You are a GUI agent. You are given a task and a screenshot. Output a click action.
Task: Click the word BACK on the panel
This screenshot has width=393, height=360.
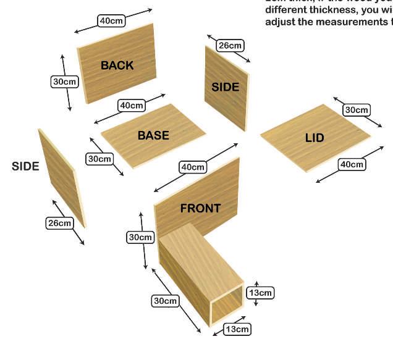(117, 65)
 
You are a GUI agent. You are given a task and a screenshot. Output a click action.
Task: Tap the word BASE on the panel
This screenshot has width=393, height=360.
(153, 135)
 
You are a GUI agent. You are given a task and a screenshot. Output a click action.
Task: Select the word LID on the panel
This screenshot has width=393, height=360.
(315, 138)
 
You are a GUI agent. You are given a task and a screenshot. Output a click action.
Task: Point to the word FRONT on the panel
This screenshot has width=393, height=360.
(200, 208)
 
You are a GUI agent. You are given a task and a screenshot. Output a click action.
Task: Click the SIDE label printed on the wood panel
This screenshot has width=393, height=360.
(225, 87)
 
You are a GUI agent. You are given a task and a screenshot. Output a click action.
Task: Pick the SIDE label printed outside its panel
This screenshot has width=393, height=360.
(25, 166)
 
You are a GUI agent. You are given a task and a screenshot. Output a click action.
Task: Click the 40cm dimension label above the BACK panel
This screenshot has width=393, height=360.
(112, 21)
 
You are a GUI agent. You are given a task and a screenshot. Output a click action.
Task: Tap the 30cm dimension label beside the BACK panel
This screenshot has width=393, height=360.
(64, 82)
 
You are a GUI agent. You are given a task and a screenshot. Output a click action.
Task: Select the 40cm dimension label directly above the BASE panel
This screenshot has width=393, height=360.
(131, 106)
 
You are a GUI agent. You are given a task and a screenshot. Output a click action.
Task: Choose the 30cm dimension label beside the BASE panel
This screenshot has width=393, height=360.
(99, 159)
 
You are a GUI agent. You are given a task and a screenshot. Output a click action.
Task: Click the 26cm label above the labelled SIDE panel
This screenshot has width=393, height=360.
(230, 46)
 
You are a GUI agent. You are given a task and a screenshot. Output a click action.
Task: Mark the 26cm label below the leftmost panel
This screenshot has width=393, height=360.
(59, 223)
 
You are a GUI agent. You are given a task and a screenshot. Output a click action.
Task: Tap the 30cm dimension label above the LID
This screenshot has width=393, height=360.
(357, 111)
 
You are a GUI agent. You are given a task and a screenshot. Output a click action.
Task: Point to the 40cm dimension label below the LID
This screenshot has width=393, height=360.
(352, 164)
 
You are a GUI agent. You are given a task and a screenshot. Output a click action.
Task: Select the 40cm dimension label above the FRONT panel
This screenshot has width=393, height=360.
(192, 167)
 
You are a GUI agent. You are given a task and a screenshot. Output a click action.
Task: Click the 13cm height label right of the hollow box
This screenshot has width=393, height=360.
(260, 292)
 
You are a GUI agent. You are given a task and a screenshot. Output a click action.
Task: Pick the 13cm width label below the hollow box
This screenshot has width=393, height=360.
(237, 329)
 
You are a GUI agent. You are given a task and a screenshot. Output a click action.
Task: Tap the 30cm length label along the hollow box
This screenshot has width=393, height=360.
(166, 301)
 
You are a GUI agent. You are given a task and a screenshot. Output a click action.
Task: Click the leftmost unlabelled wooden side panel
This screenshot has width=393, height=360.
(61, 176)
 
